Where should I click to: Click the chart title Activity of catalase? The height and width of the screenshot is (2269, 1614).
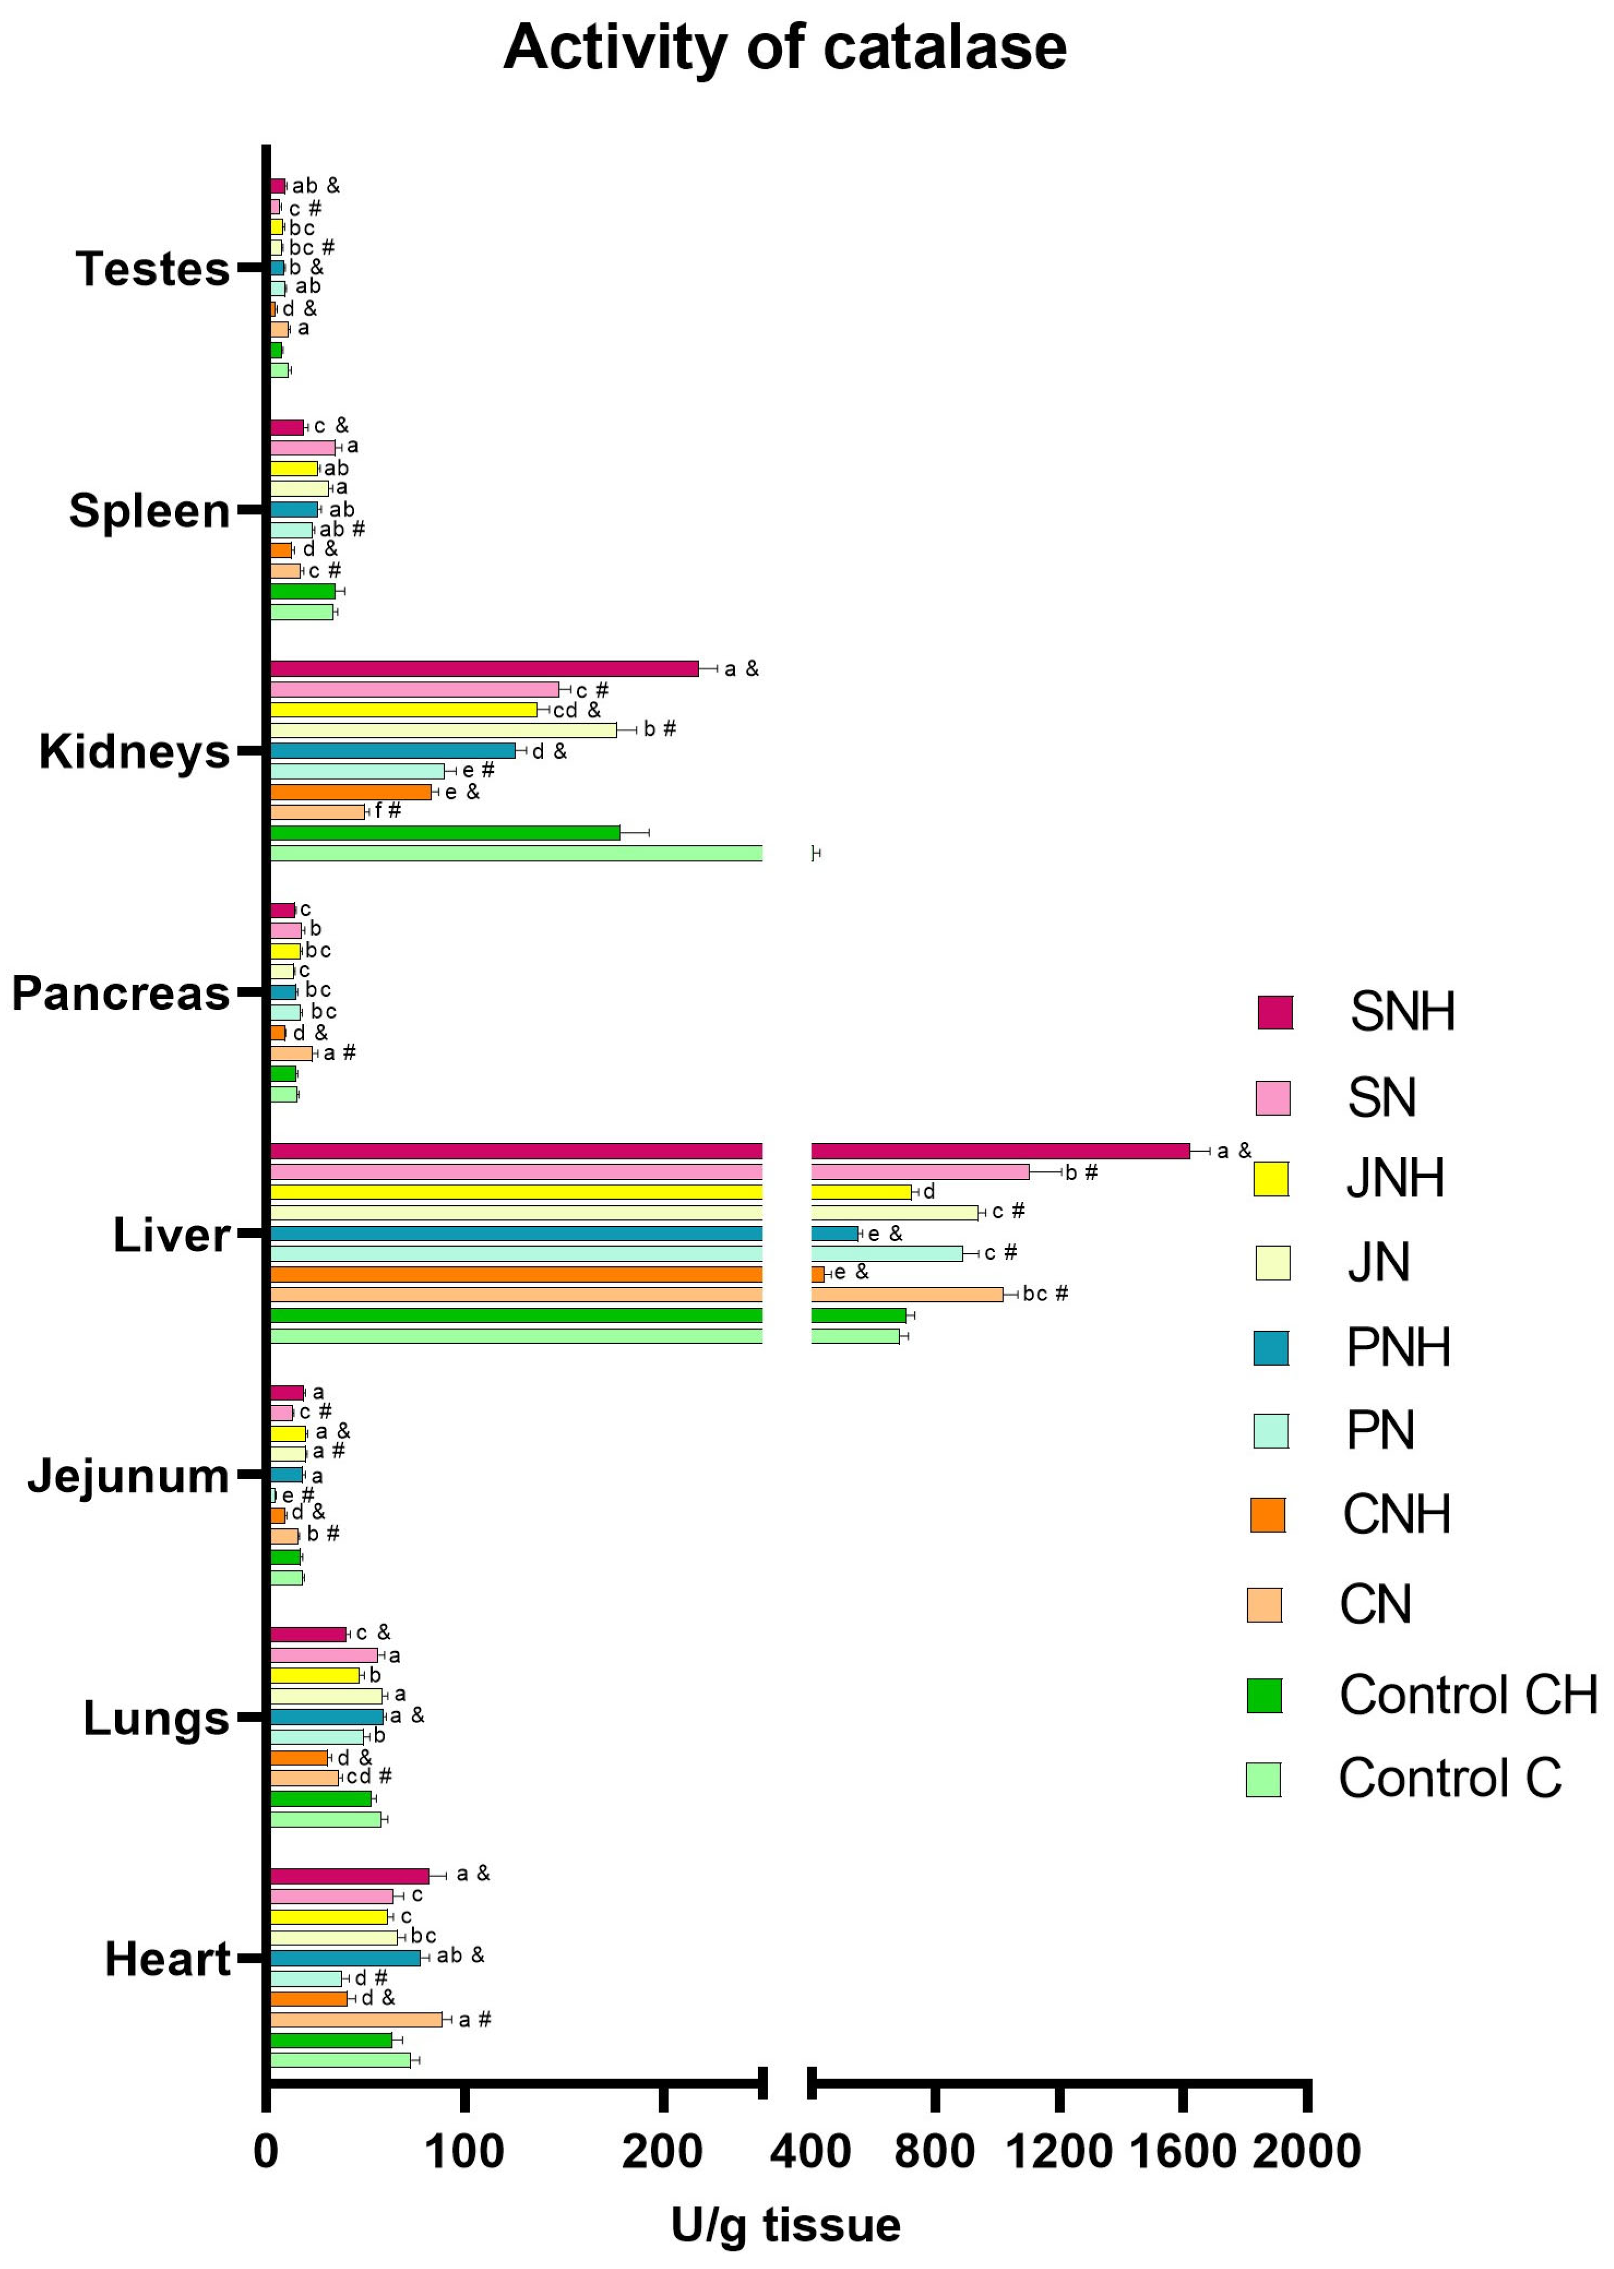coord(784,47)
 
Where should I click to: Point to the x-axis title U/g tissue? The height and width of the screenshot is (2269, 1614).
coord(785,2224)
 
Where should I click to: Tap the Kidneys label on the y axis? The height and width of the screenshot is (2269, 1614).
coord(134,752)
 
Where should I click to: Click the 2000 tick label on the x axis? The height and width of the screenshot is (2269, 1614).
coord(1306,2152)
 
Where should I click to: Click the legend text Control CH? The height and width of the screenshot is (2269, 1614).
coord(1468,1695)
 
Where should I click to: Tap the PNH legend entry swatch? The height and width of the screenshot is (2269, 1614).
coord(1271,1348)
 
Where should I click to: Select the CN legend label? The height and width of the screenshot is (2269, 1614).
coord(1375,1604)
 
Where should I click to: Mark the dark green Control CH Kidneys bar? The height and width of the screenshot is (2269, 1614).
coord(445,833)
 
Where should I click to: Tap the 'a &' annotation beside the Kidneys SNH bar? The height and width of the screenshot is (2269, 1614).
coord(741,669)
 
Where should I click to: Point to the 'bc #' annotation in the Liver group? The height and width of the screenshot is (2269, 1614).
coord(1045,1294)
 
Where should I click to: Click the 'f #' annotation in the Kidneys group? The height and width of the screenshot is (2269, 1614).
coord(388,811)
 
